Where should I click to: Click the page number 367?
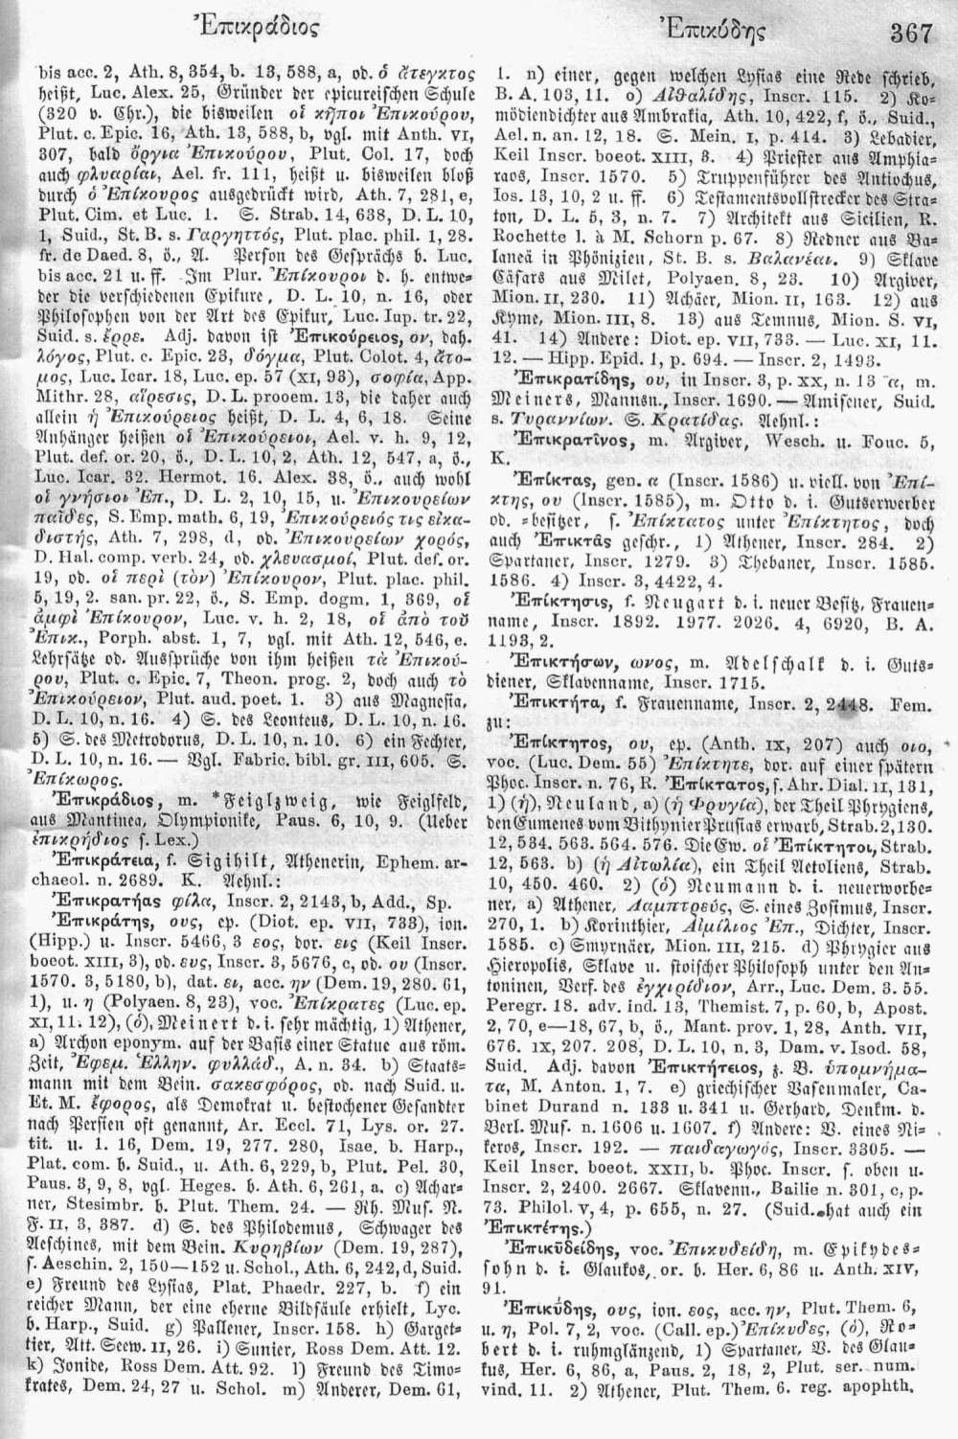911,34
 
